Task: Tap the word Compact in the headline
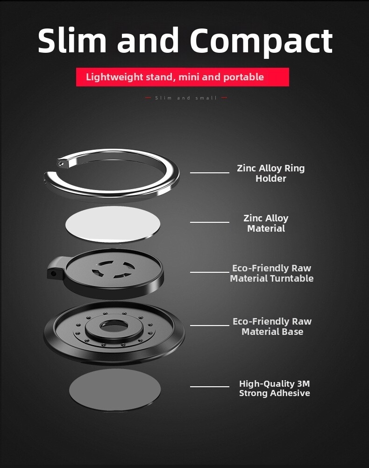tap(261, 42)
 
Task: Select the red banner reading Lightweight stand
tap(183, 77)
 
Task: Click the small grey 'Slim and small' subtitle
tap(186, 98)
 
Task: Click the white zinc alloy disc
tap(113, 224)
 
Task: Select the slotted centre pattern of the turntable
tap(113, 269)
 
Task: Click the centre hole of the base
tap(114, 326)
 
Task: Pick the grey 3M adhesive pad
tap(115, 390)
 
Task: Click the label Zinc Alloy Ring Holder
tap(271, 173)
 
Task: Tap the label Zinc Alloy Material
tap(266, 223)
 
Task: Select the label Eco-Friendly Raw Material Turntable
tap(272, 273)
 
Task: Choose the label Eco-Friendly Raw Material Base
tap(272, 326)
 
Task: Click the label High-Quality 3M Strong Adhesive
tap(274, 388)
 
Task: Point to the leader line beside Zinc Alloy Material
tap(210, 222)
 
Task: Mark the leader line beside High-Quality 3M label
tap(210, 387)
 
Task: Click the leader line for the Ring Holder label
tap(210, 172)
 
